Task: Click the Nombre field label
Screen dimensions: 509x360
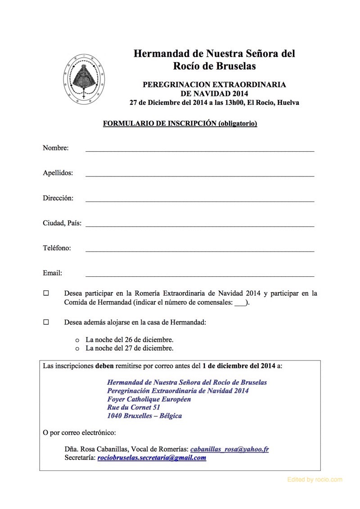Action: coord(55,148)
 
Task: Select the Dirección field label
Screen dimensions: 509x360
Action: coord(58,198)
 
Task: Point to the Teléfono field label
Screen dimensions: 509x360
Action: coord(57,248)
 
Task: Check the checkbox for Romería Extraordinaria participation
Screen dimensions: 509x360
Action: coord(46,293)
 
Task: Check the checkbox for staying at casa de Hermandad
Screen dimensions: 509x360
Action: coord(46,322)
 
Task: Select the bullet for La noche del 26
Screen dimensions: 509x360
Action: coord(77,340)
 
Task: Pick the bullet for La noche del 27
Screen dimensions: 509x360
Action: coord(77,348)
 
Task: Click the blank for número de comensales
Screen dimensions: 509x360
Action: coord(241,303)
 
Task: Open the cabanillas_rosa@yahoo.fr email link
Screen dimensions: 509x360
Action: coord(229,449)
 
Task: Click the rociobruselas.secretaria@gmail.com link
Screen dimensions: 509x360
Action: coord(152,458)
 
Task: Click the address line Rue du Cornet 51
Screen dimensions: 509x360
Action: coord(134,407)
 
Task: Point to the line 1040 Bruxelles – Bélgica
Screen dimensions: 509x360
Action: coord(144,416)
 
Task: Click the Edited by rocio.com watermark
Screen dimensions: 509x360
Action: coord(315,480)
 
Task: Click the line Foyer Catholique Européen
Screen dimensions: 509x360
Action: coord(149,399)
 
